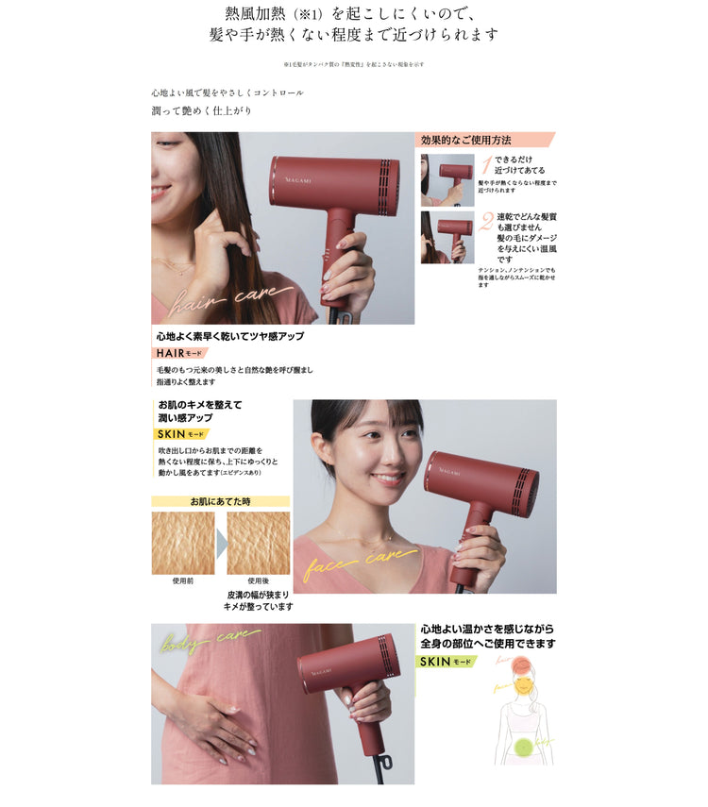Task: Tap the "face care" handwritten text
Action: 359,563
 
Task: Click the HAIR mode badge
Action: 180,353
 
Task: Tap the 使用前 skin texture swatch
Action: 182,543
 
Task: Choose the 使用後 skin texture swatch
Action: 258,543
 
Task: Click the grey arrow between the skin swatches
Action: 221,544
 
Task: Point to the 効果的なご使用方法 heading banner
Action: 485,140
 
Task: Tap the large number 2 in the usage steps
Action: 486,223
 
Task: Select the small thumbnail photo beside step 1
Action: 447,179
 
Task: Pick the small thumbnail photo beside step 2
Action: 447,237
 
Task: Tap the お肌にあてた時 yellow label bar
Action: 220,501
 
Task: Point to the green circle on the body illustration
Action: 524,751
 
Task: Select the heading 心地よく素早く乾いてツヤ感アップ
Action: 229,336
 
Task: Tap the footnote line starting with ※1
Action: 353,64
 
